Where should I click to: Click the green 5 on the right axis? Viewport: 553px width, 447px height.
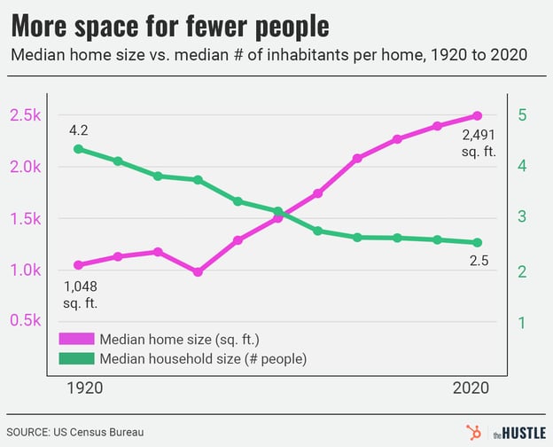pos(523,115)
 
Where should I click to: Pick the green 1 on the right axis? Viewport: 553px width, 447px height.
pos(523,323)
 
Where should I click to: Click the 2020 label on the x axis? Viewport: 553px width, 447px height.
pos(471,388)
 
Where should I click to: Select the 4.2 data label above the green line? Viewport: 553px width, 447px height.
pos(80,130)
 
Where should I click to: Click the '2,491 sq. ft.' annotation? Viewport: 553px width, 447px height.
pos(479,143)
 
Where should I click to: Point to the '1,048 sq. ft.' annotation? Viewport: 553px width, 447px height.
pos(80,294)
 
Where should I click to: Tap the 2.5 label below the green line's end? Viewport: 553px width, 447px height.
pos(479,261)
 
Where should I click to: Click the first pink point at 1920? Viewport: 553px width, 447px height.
pos(79,265)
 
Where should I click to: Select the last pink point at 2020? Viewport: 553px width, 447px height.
pos(477,115)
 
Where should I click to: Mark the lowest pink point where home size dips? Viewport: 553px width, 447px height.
pos(198,272)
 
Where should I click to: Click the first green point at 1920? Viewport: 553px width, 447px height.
pos(79,149)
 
